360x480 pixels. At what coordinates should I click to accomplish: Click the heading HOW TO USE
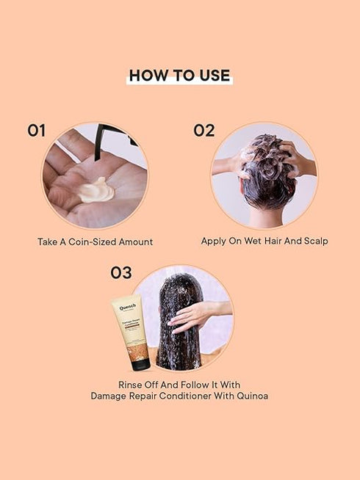[179, 76]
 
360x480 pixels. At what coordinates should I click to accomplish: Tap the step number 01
[37, 131]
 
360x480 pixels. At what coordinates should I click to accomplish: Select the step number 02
[204, 131]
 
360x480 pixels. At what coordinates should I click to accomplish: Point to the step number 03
[121, 273]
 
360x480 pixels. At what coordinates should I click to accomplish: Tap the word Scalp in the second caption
[314, 241]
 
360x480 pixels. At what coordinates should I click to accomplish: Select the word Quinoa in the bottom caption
[251, 396]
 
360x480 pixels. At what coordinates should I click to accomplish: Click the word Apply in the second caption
[214, 241]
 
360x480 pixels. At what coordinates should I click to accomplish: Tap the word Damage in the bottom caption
[109, 396]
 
